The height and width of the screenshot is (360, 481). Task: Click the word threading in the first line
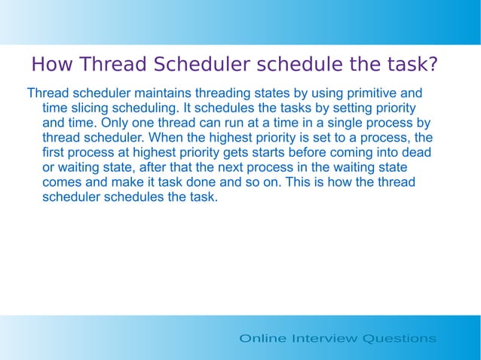[224, 94]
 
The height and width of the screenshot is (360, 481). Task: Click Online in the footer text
[262, 338]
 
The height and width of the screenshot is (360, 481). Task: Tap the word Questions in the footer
[399, 338]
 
